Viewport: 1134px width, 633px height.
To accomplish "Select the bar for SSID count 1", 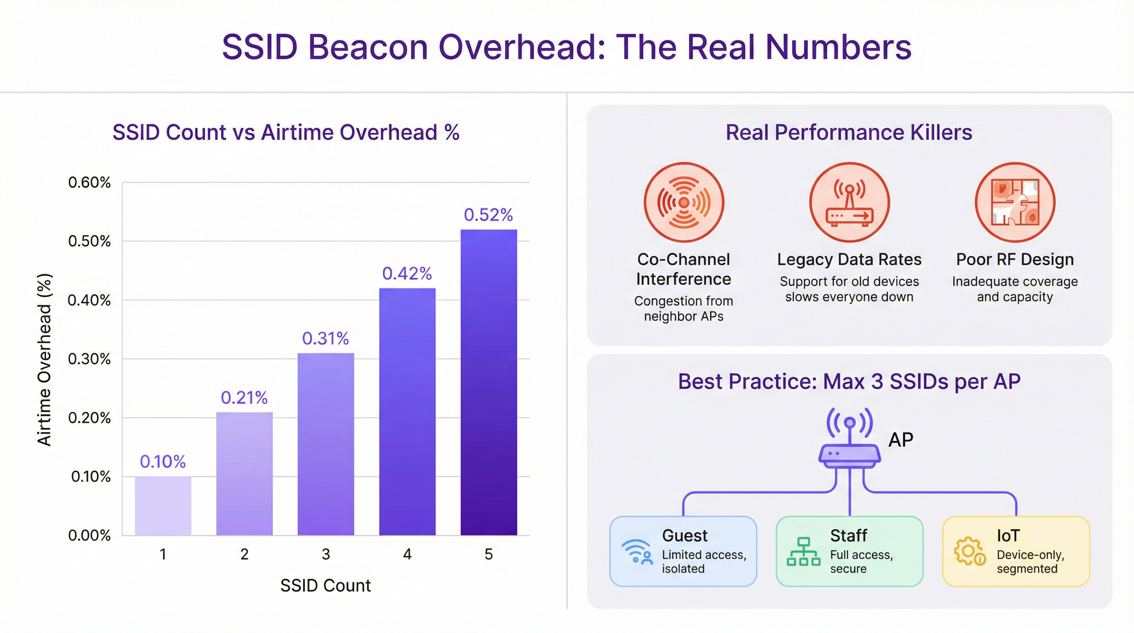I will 163,506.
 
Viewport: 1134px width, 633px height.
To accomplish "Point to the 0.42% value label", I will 407,274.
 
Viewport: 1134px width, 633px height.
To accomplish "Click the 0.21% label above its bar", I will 244,398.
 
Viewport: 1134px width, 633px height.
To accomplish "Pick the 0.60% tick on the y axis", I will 89,183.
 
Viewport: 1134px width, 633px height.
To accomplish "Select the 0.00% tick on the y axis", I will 89,535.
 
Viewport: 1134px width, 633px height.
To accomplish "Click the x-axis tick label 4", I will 407,554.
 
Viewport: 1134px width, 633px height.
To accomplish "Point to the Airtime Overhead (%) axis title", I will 45,360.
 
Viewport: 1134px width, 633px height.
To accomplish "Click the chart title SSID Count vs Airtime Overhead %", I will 286,133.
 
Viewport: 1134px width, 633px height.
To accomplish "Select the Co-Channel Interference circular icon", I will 684,202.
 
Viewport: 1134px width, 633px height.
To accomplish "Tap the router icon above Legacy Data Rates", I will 849,202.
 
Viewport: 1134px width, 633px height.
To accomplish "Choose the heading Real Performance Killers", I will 849,133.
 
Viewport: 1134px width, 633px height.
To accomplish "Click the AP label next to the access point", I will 901,440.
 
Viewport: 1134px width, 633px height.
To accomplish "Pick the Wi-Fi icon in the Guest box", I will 637,551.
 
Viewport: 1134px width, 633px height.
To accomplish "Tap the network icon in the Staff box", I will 804,551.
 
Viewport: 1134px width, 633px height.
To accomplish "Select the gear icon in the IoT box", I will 969,551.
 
